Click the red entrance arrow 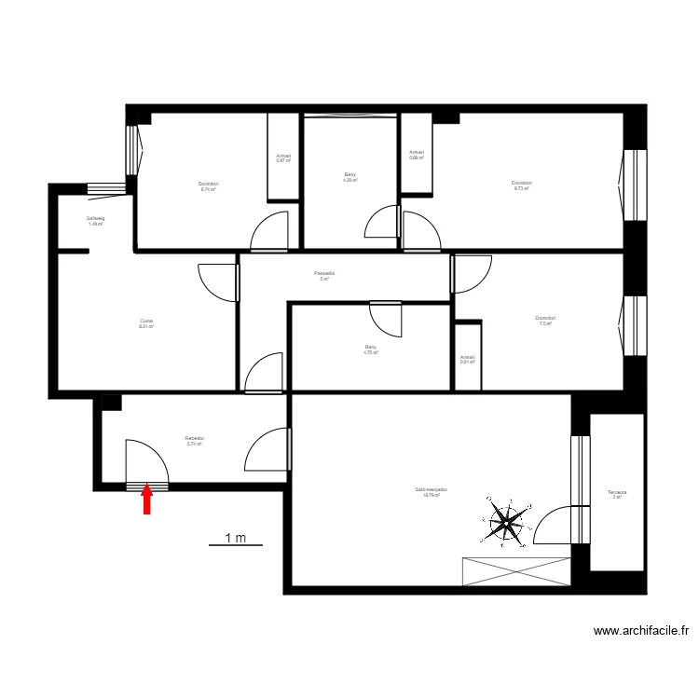point(146,501)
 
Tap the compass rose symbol point(505,523)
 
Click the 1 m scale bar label point(235,538)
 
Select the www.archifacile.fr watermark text point(641,631)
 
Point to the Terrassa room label point(616,494)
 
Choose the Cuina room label point(145,323)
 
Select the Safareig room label point(95,221)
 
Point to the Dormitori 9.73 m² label point(521,185)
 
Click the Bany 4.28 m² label point(349,177)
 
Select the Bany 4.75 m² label point(370,350)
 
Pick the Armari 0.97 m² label point(283,158)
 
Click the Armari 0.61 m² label point(467,359)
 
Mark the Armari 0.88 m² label point(417,155)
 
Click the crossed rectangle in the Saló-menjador point(516,570)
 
